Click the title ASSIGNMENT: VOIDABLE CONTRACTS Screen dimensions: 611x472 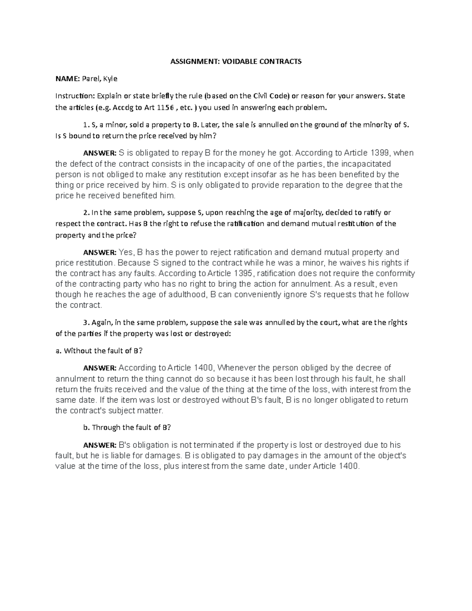pyautogui.click(x=236, y=61)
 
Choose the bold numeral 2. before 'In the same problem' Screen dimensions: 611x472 pyautogui.click(x=87, y=213)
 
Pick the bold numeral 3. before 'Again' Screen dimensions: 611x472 pyautogui.click(x=87, y=323)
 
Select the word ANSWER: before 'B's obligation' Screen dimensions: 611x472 pyautogui.click(x=100, y=445)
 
